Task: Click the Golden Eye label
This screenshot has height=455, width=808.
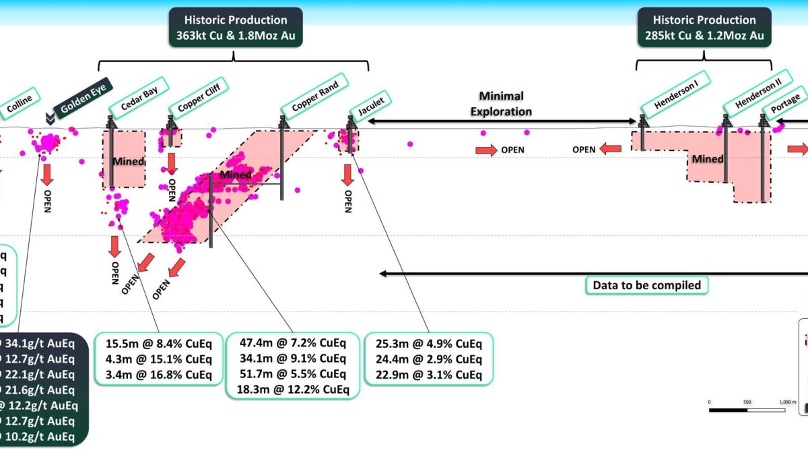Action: [x=83, y=102]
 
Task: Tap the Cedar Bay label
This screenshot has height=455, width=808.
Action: [x=139, y=98]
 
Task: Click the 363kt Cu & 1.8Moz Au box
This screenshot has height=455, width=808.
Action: [x=234, y=28]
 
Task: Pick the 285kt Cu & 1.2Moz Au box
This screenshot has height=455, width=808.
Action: [x=704, y=28]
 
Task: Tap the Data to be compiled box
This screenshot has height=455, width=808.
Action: [x=646, y=285]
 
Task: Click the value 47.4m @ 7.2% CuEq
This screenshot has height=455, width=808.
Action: [x=293, y=342]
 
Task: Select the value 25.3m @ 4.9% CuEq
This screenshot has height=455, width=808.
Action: [x=428, y=342]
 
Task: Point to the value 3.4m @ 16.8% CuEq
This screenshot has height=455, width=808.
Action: [x=159, y=375]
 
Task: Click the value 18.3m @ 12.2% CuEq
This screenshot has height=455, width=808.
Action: [x=293, y=389]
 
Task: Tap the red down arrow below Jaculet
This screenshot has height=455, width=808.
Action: [x=347, y=174]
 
